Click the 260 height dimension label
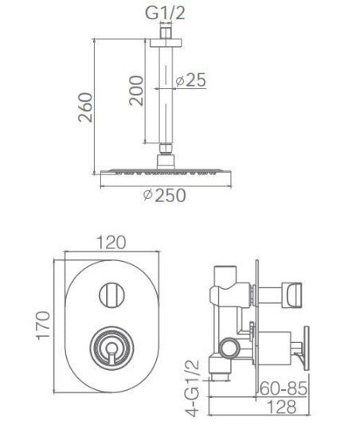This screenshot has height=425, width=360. click(85, 107)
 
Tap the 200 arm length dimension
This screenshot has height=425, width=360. click(136, 91)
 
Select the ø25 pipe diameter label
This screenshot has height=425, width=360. click(190, 80)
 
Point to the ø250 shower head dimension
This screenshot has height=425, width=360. click(165, 195)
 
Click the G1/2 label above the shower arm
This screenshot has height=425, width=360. click(165, 13)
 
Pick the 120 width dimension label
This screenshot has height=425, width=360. click(112, 242)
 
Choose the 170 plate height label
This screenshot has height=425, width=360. click(43, 326)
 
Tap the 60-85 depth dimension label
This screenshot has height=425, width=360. click(284, 388)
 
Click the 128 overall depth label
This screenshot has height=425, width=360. click(282, 407)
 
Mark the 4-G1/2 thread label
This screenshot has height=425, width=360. click(193, 388)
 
